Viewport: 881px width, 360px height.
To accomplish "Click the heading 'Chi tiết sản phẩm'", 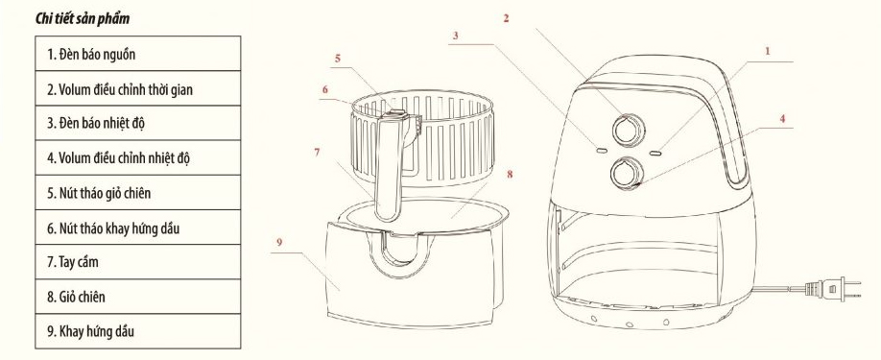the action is (x=83, y=18).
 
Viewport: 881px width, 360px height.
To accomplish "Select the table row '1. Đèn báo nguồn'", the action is (x=137, y=54).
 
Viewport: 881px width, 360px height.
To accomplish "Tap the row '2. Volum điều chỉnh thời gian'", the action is (x=137, y=88).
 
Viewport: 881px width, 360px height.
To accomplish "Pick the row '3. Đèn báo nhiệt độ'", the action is (x=137, y=123).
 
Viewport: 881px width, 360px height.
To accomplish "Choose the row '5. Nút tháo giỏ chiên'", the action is (x=137, y=193).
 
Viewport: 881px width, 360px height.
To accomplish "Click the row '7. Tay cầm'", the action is (x=137, y=262).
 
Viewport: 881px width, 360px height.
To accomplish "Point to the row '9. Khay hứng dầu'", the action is (x=137, y=331).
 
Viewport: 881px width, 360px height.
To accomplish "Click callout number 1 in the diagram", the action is (x=768, y=51).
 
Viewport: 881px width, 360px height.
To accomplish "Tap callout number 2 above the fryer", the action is (x=506, y=18).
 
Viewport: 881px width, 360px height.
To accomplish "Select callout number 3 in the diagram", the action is (x=456, y=35).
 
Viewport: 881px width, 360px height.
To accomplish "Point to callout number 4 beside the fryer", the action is (x=783, y=118).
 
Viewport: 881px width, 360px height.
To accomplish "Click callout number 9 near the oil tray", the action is (x=279, y=242).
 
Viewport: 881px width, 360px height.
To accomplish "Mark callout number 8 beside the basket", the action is (x=510, y=174).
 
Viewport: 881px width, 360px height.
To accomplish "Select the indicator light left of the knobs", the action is (x=601, y=151).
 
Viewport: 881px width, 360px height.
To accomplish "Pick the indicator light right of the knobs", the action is (x=655, y=152).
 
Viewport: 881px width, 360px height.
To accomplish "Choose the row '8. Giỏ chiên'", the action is (x=137, y=297).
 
